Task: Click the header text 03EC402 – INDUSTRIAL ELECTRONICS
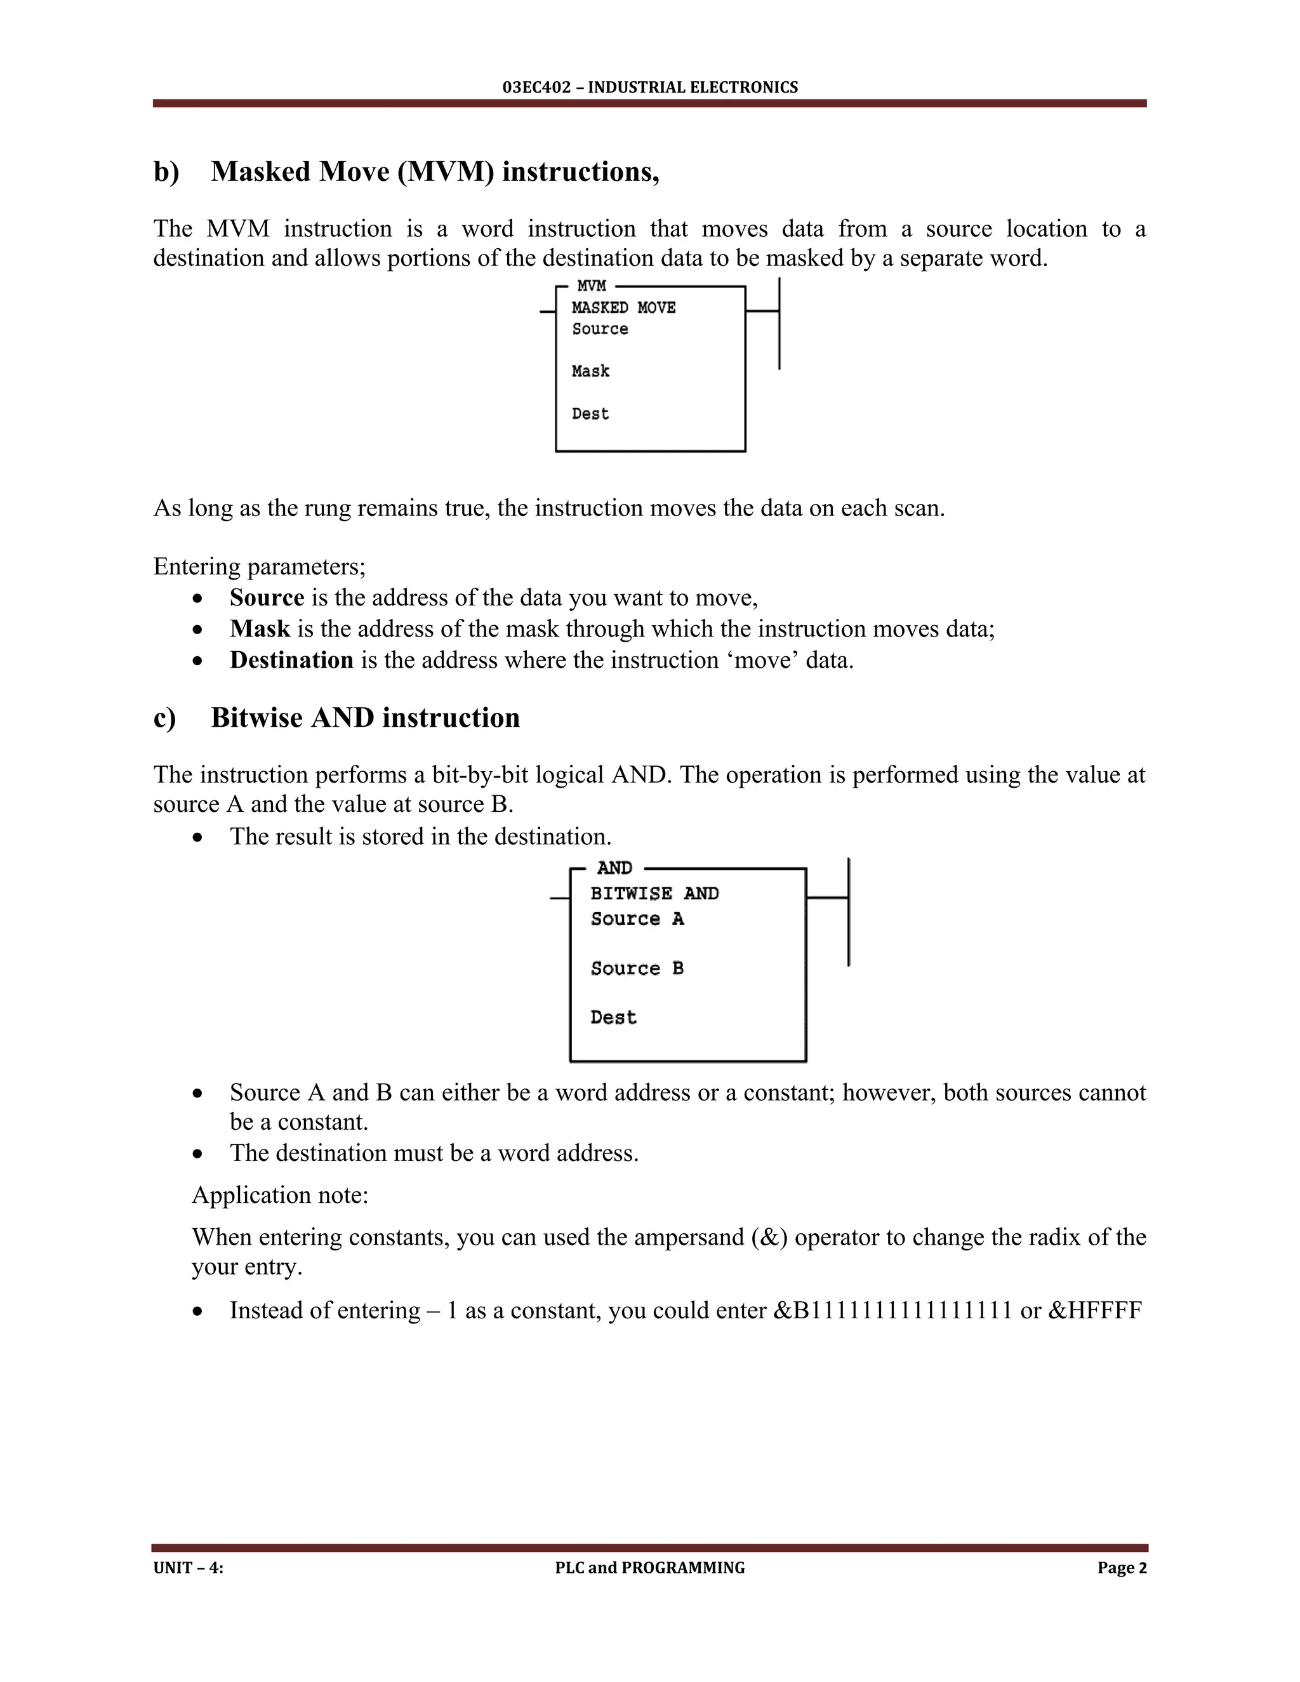649,87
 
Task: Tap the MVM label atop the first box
591,286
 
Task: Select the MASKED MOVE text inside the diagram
623,307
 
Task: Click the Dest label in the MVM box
590,414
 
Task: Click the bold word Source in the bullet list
267,598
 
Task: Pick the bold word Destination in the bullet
291,660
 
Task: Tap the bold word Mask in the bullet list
260,628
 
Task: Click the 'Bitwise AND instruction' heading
365,717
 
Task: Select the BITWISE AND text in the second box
654,894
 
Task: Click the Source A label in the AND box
637,919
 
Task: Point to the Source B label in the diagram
637,968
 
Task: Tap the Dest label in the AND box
613,1017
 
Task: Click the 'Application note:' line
281,1195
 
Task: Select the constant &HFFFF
1094,1310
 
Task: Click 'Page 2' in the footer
1122,1567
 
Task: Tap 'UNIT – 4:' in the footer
188,1567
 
